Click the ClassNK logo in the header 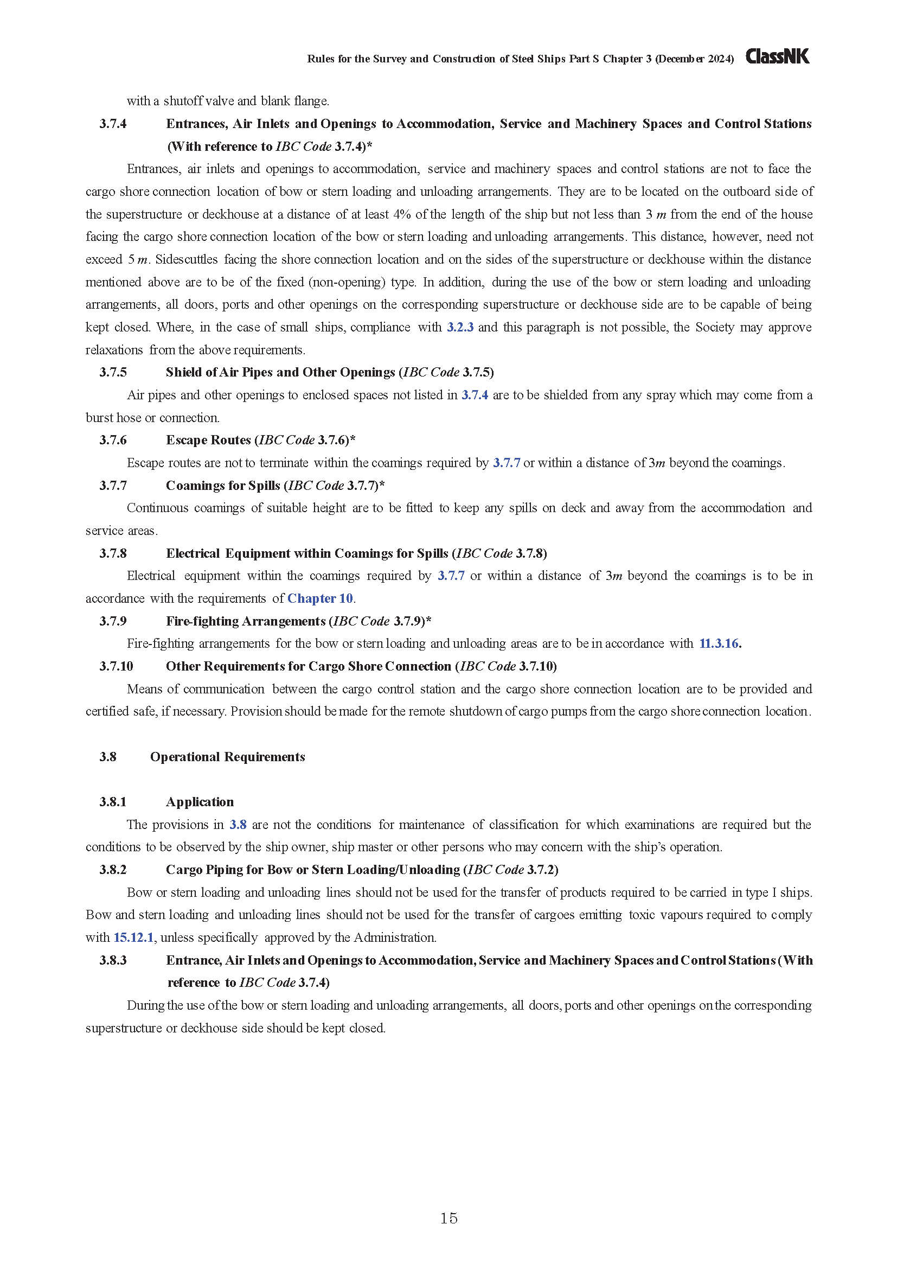coord(777,56)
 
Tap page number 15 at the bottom coord(448,1218)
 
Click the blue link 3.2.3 coord(459,327)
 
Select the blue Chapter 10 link coord(320,598)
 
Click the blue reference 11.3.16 coord(719,643)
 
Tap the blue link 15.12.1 coord(133,938)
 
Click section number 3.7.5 coord(113,373)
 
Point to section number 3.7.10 coord(116,667)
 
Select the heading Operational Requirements coord(228,757)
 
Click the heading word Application coord(200,802)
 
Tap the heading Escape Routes coord(208,441)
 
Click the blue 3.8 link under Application coord(238,825)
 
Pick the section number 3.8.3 coord(113,961)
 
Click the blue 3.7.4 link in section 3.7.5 coord(475,395)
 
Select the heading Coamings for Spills coord(222,486)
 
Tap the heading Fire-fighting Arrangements coord(245,621)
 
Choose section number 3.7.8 coord(113,554)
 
